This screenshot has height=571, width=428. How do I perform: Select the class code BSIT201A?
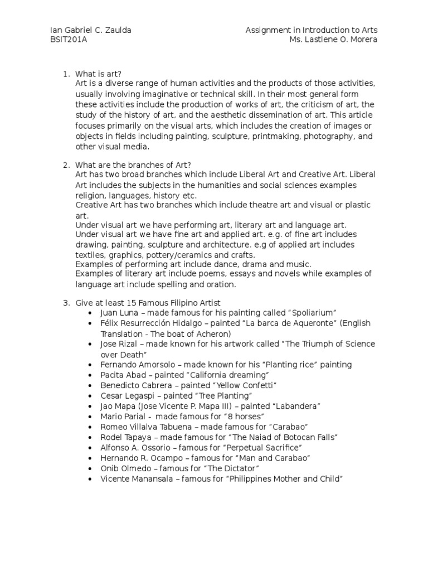68,40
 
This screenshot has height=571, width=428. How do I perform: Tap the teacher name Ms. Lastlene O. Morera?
337,40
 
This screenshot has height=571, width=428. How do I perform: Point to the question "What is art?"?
99,74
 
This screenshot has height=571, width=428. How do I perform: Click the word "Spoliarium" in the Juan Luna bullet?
314,313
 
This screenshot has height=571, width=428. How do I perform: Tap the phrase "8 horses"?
243,417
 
